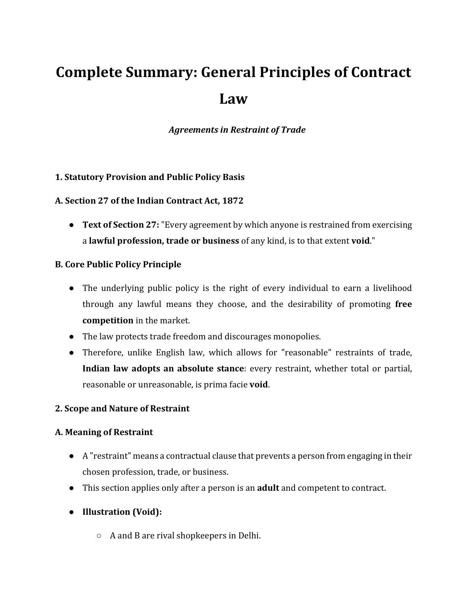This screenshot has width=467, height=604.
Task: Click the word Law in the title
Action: pos(233,99)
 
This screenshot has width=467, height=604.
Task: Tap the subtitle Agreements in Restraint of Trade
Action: pos(237,130)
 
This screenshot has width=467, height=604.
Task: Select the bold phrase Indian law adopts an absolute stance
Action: pos(163,368)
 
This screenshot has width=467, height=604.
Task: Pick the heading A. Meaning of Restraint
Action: pos(104,432)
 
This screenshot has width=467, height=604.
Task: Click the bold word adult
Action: pos(268,488)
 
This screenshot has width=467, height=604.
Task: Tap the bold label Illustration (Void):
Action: pos(122,512)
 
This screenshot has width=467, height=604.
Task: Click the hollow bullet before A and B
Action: pos(99,535)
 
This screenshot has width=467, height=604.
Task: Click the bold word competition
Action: pos(108,320)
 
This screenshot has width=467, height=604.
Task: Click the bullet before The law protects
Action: pos(71,336)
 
